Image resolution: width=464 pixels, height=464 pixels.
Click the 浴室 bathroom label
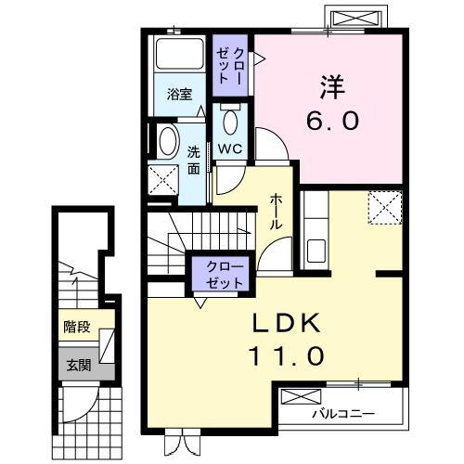coord(179,95)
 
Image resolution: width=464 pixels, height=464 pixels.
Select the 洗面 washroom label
coord(194,161)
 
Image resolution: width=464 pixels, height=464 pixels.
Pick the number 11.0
coord(288,354)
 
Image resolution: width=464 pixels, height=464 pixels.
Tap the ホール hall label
coord(277,213)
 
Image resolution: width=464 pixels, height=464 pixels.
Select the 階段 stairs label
coord(77,326)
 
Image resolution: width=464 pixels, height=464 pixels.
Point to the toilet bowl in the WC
coord(230,119)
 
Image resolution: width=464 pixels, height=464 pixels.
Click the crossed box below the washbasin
coord(164,179)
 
